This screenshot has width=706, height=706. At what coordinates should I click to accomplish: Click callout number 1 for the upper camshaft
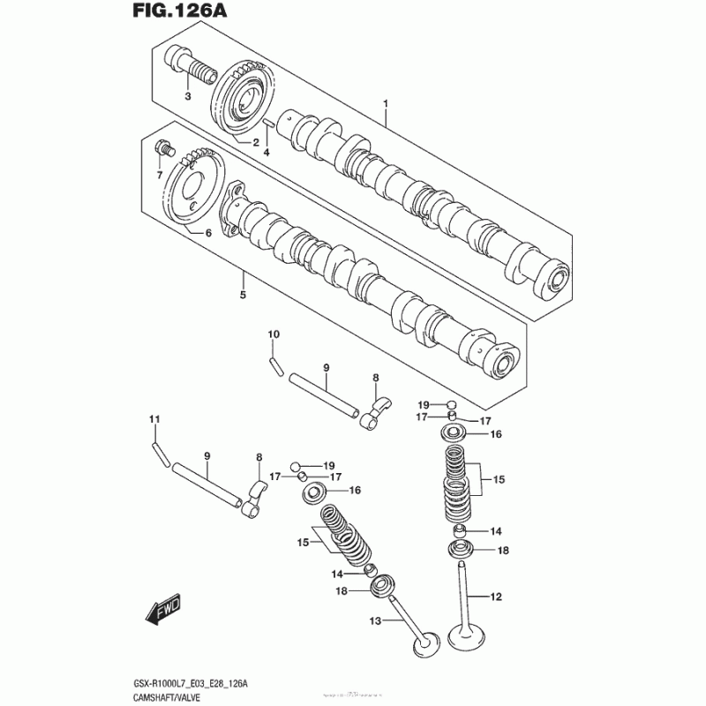[386, 103]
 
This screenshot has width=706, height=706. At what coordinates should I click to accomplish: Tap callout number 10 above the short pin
[274, 334]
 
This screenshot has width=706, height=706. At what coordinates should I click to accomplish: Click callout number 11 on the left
[154, 418]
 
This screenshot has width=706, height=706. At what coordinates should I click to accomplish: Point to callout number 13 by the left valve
[374, 621]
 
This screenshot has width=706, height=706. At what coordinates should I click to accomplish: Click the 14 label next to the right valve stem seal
[495, 531]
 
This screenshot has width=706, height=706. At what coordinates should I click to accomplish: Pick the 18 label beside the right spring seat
[504, 551]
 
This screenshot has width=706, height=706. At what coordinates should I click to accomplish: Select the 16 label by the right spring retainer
[495, 434]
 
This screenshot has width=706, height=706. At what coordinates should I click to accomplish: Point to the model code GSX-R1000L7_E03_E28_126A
[198, 682]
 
